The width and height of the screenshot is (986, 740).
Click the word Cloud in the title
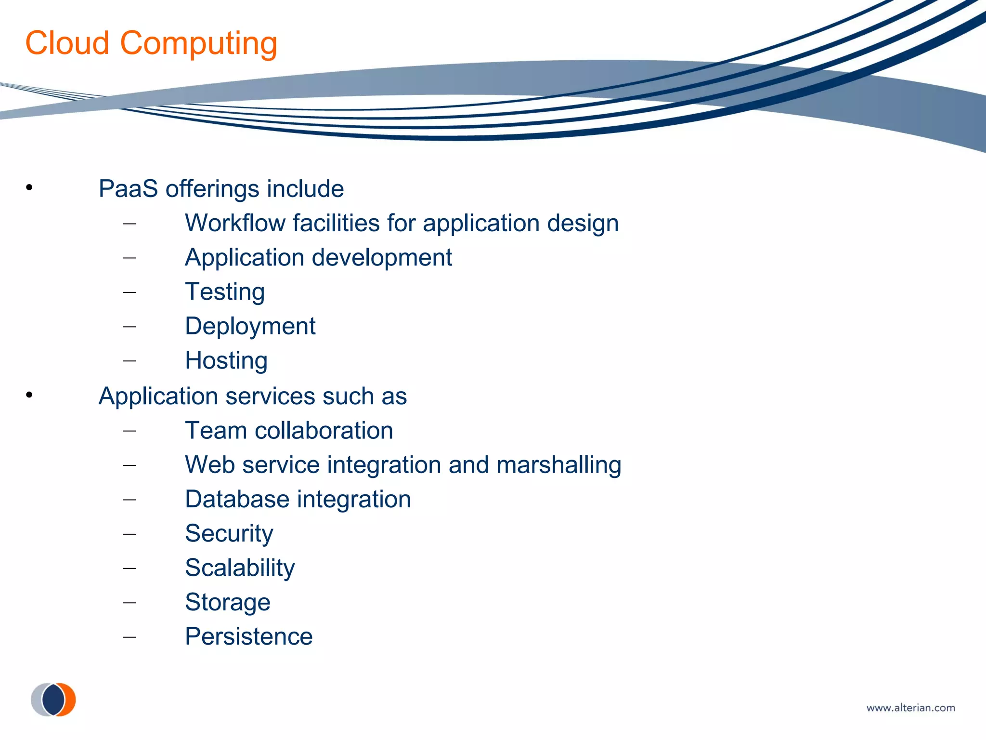pyautogui.click(x=67, y=43)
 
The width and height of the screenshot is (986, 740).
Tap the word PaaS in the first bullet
pyautogui.click(x=128, y=189)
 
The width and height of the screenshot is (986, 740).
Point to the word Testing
pyautogui.click(x=225, y=292)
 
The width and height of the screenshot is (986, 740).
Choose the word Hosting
pyautogui.click(x=226, y=361)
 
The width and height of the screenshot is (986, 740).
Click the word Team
pyautogui.click(x=216, y=431)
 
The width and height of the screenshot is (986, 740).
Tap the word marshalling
pyautogui.click(x=558, y=465)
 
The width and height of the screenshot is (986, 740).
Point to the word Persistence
pyautogui.click(x=249, y=637)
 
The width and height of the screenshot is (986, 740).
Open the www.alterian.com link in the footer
pyautogui.click(x=910, y=708)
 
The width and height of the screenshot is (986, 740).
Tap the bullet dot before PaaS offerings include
pyautogui.click(x=29, y=187)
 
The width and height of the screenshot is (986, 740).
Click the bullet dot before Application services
pyautogui.click(x=29, y=395)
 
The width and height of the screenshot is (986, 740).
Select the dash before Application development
pyautogui.click(x=130, y=258)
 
